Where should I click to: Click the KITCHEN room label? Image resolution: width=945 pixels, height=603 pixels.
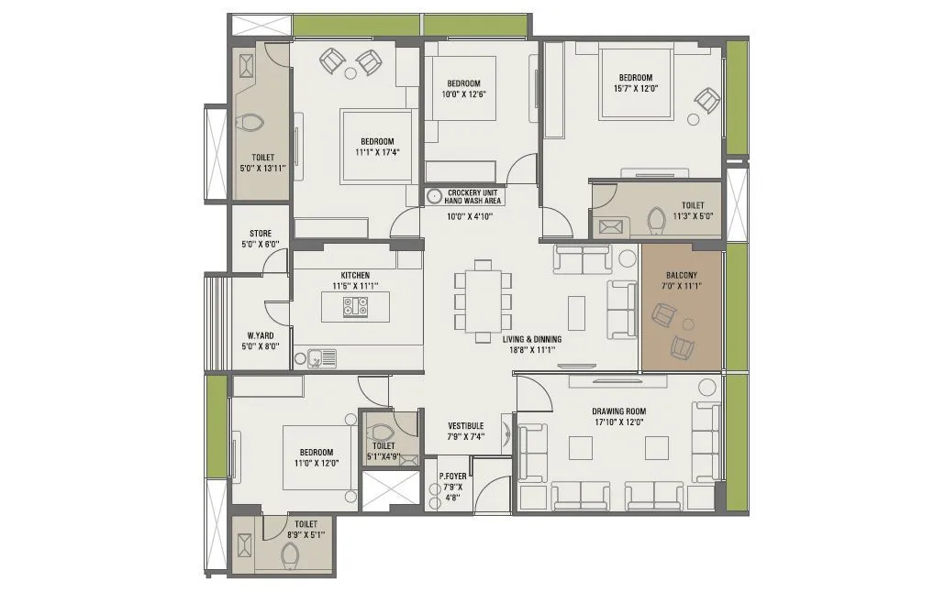click(355, 275)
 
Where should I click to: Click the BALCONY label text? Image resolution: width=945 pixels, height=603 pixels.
click(681, 275)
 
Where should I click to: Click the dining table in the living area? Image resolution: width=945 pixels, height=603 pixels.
click(483, 301)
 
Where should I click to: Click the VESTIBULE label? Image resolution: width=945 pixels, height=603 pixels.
click(466, 426)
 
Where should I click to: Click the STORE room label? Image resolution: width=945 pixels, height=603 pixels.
click(261, 234)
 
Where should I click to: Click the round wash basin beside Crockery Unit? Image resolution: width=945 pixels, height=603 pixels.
click(434, 195)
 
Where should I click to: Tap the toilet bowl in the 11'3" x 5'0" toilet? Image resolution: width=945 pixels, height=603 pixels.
click(655, 222)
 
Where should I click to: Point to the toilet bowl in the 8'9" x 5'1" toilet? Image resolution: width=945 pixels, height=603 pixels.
click(291, 554)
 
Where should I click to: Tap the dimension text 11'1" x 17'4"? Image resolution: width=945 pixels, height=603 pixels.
click(377, 153)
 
